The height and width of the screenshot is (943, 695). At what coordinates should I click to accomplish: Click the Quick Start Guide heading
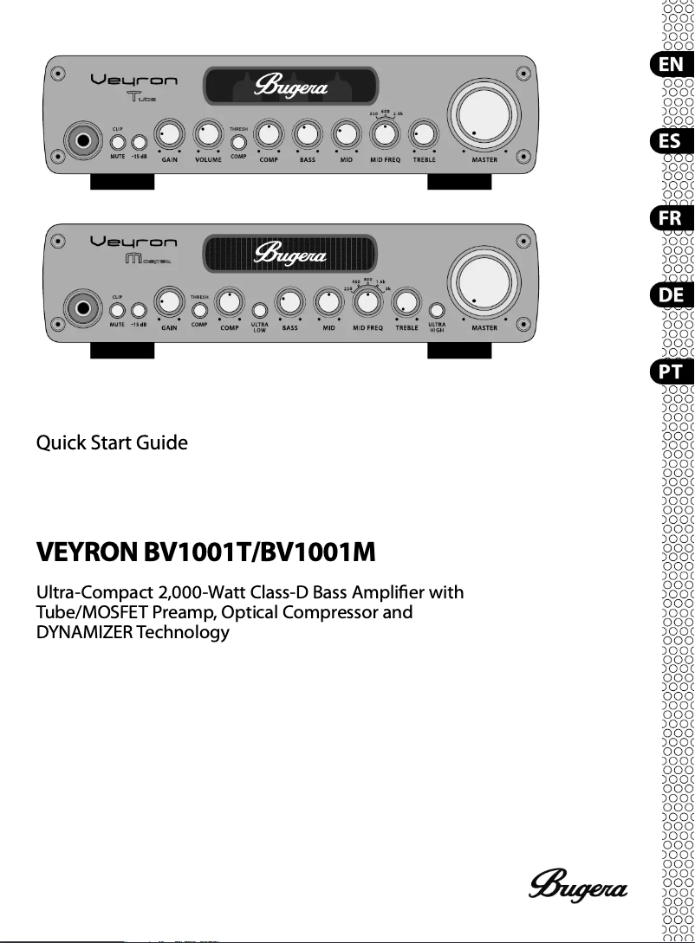click(x=112, y=443)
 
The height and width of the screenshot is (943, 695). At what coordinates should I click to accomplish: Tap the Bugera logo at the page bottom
click(x=578, y=885)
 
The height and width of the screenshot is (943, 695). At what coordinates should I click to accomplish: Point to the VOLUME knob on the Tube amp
click(x=207, y=134)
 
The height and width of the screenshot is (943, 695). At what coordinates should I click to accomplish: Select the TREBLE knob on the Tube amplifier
click(x=424, y=134)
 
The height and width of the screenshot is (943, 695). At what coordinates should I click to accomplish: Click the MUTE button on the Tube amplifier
click(x=118, y=142)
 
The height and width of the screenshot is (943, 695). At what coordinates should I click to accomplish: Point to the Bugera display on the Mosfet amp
click(x=289, y=255)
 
